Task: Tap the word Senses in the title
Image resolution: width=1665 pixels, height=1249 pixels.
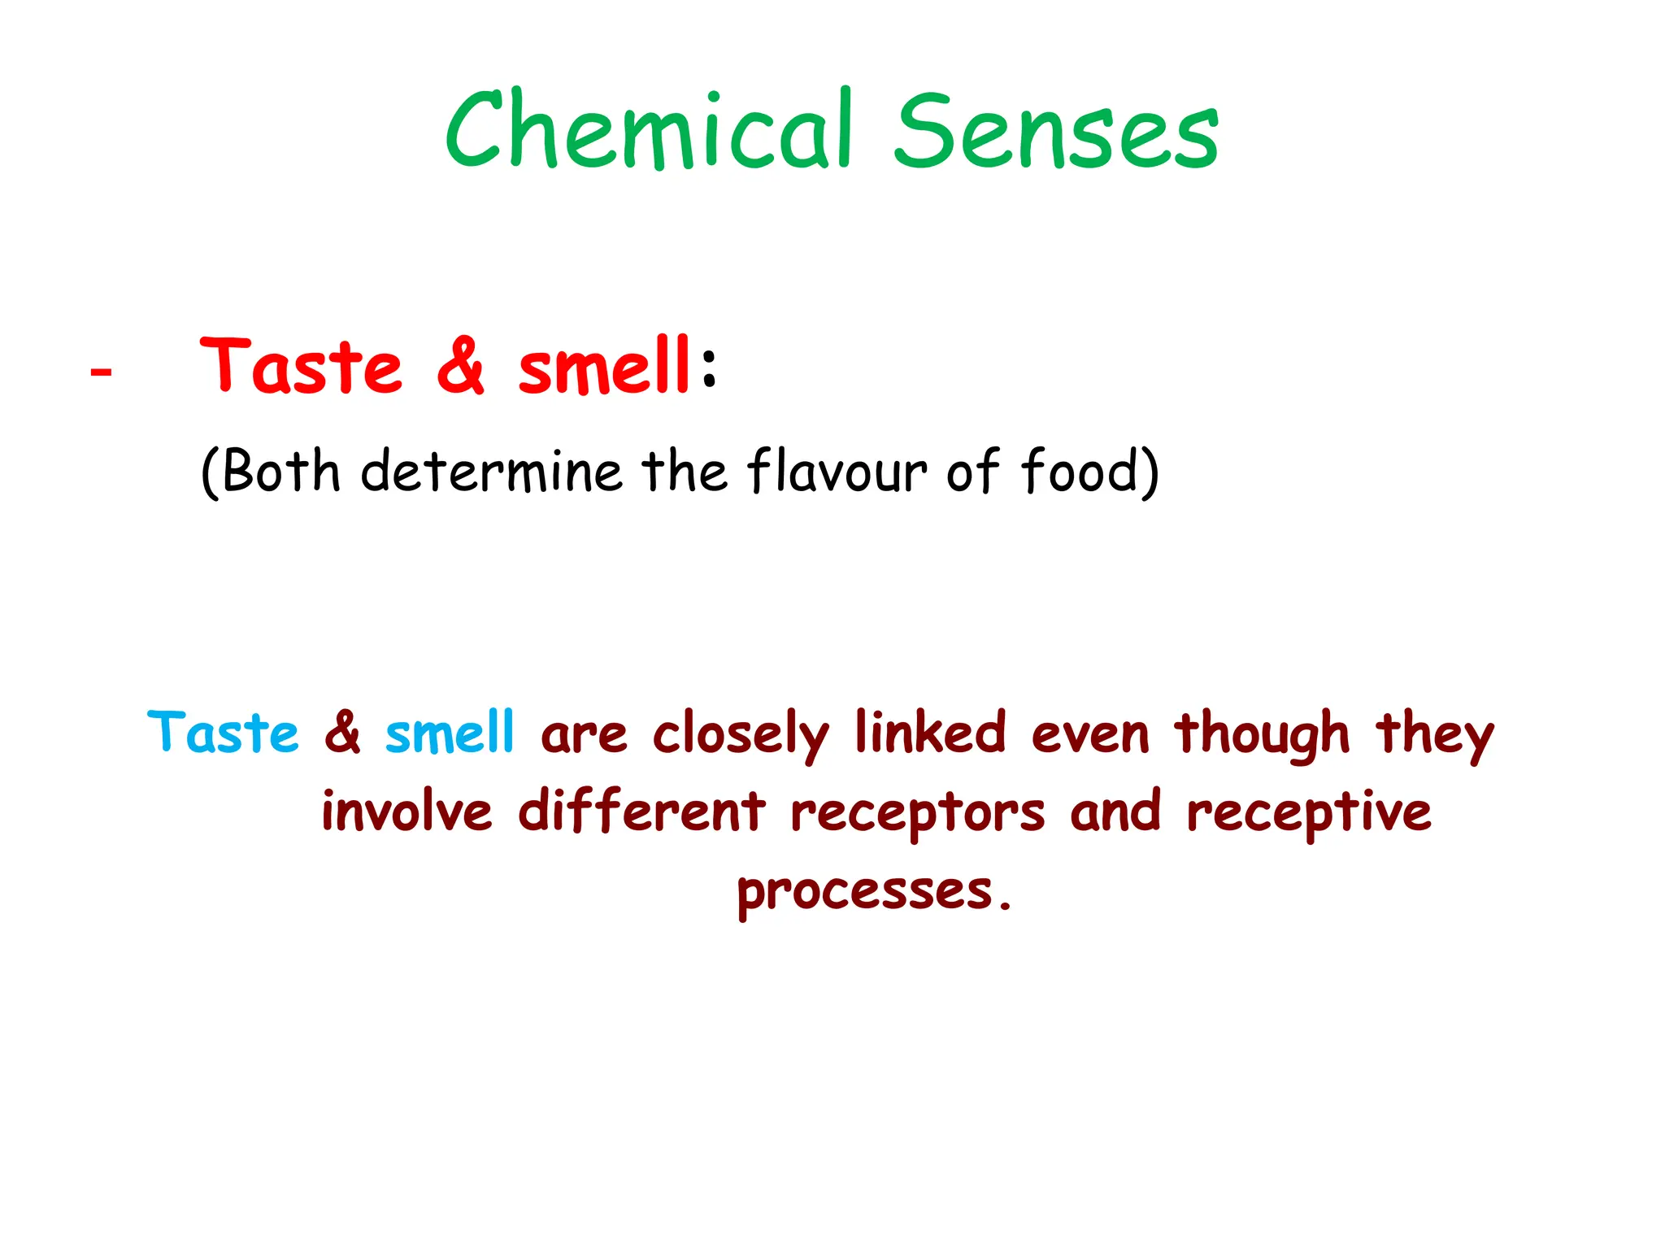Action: pyautogui.click(x=1056, y=132)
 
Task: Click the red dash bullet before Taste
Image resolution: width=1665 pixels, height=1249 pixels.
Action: pyautogui.click(x=101, y=372)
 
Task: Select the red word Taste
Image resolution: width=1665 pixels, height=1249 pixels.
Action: pyautogui.click(x=302, y=367)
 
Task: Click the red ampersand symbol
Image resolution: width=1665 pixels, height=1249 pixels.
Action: pyautogui.click(x=461, y=367)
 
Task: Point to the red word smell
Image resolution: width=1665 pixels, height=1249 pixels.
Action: pyautogui.click(x=604, y=367)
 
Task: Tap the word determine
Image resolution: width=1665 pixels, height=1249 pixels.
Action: pyautogui.click(x=491, y=471)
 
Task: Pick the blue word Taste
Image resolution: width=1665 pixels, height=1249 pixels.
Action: pyautogui.click(x=224, y=732)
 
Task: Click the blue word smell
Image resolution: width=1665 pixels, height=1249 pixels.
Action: pyautogui.click(x=450, y=732)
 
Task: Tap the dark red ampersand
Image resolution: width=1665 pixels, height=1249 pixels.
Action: pyautogui.click(x=343, y=732)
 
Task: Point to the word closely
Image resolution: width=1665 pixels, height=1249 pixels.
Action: pyautogui.click(x=741, y=734)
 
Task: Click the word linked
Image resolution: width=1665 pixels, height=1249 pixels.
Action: pyautogui.click(x=930, y=732)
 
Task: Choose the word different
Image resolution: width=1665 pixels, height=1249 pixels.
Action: pyautogui.click(x=641, y=811)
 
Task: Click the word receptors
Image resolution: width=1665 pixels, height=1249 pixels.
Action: pyautogui.click(x=917, y=813)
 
